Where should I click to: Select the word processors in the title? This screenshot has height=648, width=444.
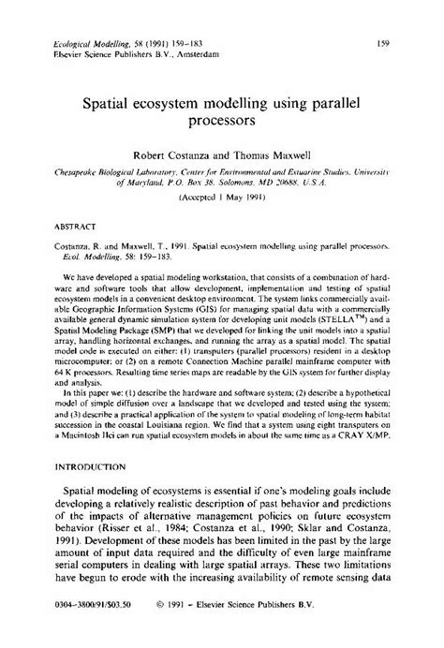click(220, 120)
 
